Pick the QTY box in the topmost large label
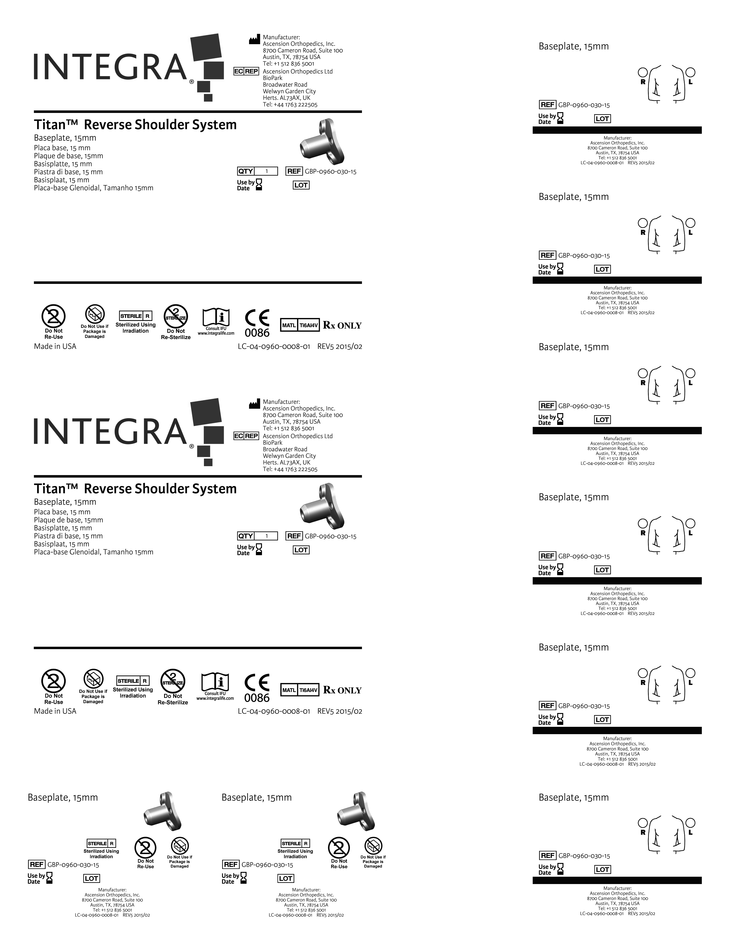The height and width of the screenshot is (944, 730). click(x=257, y=171)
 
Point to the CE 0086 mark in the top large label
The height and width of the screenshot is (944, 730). click(x=257, y=323)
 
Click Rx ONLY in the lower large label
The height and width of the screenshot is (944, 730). click(x=342, y=690)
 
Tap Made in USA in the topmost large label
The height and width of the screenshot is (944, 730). click(x=55, y=346)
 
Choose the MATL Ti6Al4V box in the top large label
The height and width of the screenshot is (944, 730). click(x=300, y=325)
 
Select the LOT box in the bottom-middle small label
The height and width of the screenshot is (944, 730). click(x=285, y=878)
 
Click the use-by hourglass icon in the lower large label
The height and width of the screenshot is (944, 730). click(x=259, y=549)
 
